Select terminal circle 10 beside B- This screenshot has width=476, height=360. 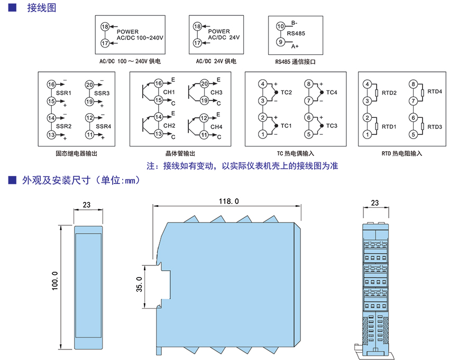[281, 25]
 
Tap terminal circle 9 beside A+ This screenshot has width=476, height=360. [281, 42]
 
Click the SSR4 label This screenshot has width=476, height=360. [103, 126]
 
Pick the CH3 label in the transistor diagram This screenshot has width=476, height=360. [216, 93]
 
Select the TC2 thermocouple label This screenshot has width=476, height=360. [286, 93]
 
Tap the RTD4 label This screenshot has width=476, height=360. [434, 91]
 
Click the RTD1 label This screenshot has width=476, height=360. [389, 126]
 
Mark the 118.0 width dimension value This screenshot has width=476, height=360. [228, 201]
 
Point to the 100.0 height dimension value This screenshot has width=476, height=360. [54, 285]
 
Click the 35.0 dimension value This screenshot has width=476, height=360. [139, 284]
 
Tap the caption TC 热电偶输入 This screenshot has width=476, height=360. [295, 153]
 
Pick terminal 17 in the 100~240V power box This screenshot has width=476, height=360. [104, 43]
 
